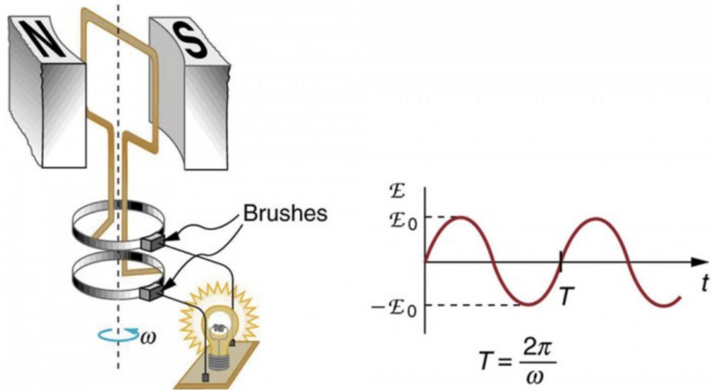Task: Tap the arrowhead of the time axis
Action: point(698,262)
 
